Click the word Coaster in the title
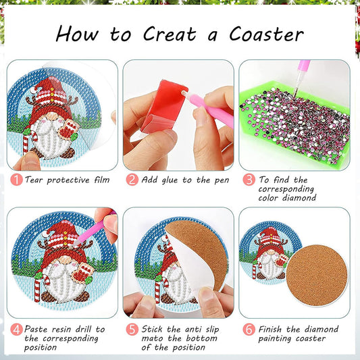point(265,33)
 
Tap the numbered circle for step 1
point(16,180)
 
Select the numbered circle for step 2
point(132,180)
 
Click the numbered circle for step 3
point(249,180)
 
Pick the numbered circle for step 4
point(16,330)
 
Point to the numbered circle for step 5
point(132,330)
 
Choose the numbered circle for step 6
point(249,330)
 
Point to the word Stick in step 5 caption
point(155,330)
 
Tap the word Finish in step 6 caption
point(274,330)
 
